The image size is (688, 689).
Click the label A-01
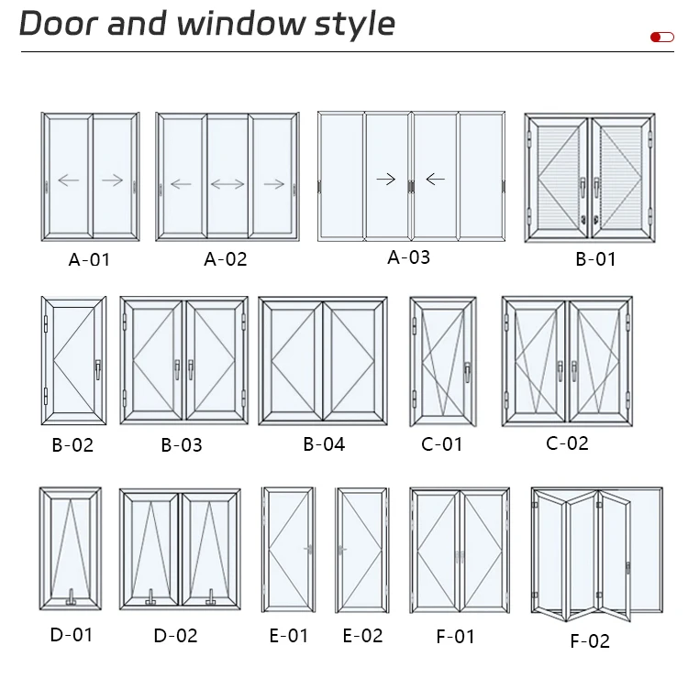pyautogui.click(x=89, y=259)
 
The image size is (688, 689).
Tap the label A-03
pyautogui.click(x=408, y=257)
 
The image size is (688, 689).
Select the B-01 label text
pyautogui.click(x=595, y=259)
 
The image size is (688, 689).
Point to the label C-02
pyautogui.click(x=567, y=443)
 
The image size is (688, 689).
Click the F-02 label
pyautogui.click(x=590, y=640)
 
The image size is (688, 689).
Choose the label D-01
pyautogui.click(x=71, y=634)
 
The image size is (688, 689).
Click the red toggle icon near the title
pyautogui.click(x=661, y=38)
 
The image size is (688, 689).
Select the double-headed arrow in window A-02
pyautogui.click(x=227, y=184)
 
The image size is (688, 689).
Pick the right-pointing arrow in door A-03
pyautogui.click(x=386, y=179)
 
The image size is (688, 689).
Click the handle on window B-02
pyautogui.click(x=97, y=368)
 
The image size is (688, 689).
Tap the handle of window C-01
pyautogui.click(x=467, y=371)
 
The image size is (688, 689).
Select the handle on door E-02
pyautogui.click(x=341, y=550)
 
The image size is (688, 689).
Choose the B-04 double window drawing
pyautogui.click(x=323, y=361)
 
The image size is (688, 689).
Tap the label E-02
pyautogui.click(x=362, y=635)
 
